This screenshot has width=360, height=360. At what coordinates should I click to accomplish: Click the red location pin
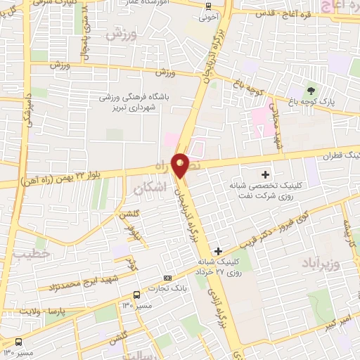click(x=181, y=165)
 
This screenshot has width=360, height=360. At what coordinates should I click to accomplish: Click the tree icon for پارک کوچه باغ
click(x=310, y=91)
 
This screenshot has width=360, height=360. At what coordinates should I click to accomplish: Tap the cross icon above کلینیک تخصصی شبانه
click(x=265, y=174)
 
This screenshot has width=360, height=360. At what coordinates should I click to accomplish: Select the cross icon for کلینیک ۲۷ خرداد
click(x=218, y=251)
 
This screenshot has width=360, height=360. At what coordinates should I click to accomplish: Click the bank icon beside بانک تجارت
click(x=167, y=278)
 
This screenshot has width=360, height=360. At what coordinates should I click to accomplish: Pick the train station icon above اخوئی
click(x=208, y=6)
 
